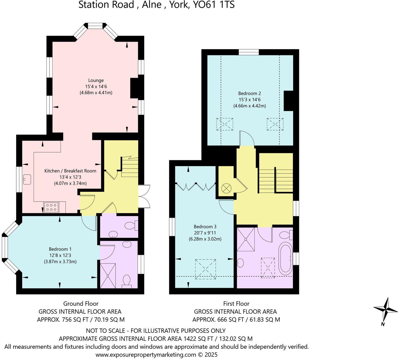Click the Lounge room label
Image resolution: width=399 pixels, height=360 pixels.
pyautogui.click(x=96, y=80)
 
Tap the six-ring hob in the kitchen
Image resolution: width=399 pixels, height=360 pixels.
pyautogui.click(x=51, y=207)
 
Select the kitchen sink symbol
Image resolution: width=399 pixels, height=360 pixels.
pyautogui.click(x=27, y=179)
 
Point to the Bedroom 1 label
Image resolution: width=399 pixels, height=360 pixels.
pyautogui.click(x=60, y=249)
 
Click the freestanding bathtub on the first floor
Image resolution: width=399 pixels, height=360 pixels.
pyautogui.click(x=285, y=259)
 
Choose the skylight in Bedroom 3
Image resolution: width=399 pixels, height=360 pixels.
pyautogui.click(x=206, y=269)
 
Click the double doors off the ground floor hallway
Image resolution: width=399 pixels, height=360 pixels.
pyautogui.click(x=145, y=196)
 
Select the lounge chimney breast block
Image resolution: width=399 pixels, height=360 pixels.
pyautogui.click(x=134, y=88)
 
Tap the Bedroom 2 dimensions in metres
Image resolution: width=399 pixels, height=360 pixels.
pyautogui.click(x=249, y=106)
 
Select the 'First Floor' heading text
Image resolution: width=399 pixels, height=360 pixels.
pyautogui.click(x=236, y=304)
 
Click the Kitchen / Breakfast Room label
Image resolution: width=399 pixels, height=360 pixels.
pyautogui.click(x=70, y=171)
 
